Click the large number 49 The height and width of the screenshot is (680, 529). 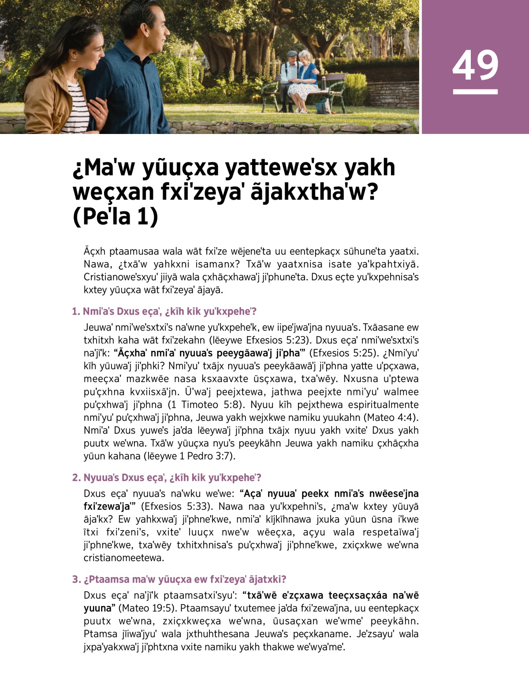pos(475,65)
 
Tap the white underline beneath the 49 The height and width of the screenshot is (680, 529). pos(475,92)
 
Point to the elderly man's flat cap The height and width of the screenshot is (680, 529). pos(291,54)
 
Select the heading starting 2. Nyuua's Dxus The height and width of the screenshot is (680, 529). pos(167,478)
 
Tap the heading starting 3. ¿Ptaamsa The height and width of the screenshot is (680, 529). pos(179,579)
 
